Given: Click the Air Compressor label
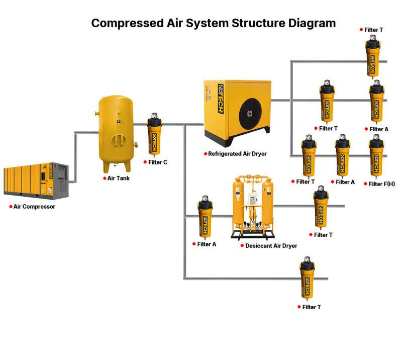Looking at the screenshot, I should [34, 207].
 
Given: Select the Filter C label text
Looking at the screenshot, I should [158, 162].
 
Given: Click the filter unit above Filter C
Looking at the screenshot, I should [154, 137].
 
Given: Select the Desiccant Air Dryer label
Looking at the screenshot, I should [271, 246].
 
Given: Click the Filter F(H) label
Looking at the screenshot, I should [382, 184].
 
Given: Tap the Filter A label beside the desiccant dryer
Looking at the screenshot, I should [207, 244].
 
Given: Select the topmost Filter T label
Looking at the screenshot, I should [374, 30].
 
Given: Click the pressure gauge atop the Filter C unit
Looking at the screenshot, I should [154, 116].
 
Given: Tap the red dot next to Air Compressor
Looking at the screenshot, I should [11, 207].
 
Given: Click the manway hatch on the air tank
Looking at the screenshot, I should [116, 139].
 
